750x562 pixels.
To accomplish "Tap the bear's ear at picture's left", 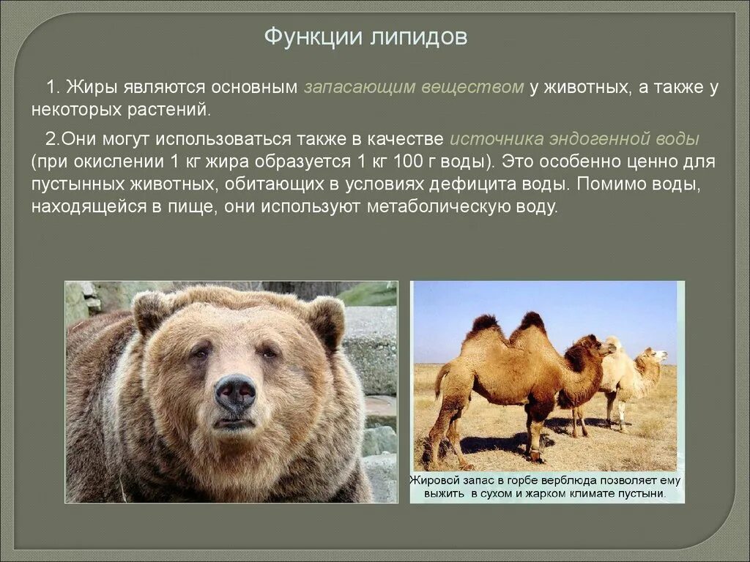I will (152, 313).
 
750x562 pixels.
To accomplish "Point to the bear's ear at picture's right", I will (325, 320).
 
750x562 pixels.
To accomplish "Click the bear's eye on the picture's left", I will (199, 354).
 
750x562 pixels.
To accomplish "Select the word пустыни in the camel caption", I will (642, 494).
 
